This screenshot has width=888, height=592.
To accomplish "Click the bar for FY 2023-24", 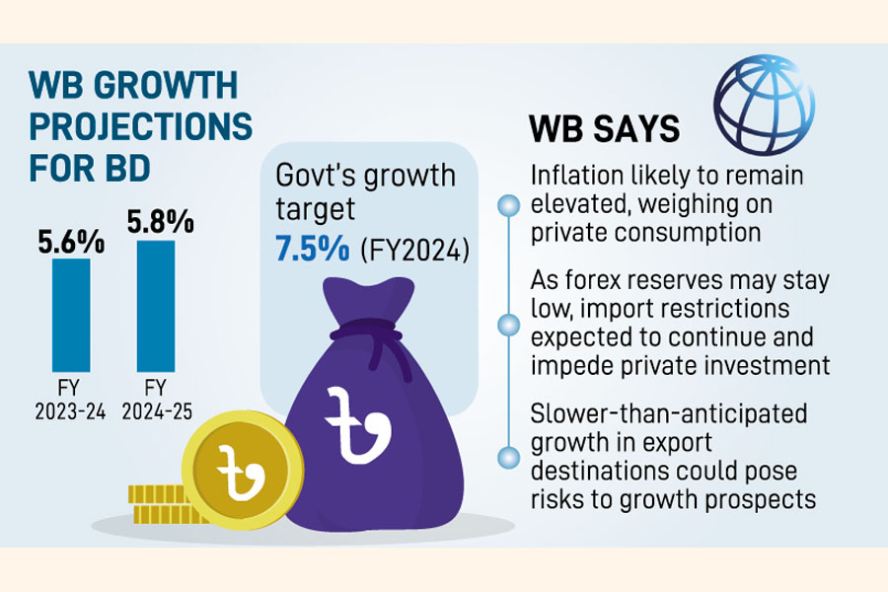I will point(70,313).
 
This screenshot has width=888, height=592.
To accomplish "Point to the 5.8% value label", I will point(158,224).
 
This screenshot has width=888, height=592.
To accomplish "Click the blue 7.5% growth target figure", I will point(311,250).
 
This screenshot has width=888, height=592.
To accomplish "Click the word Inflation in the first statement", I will point(574,176).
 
